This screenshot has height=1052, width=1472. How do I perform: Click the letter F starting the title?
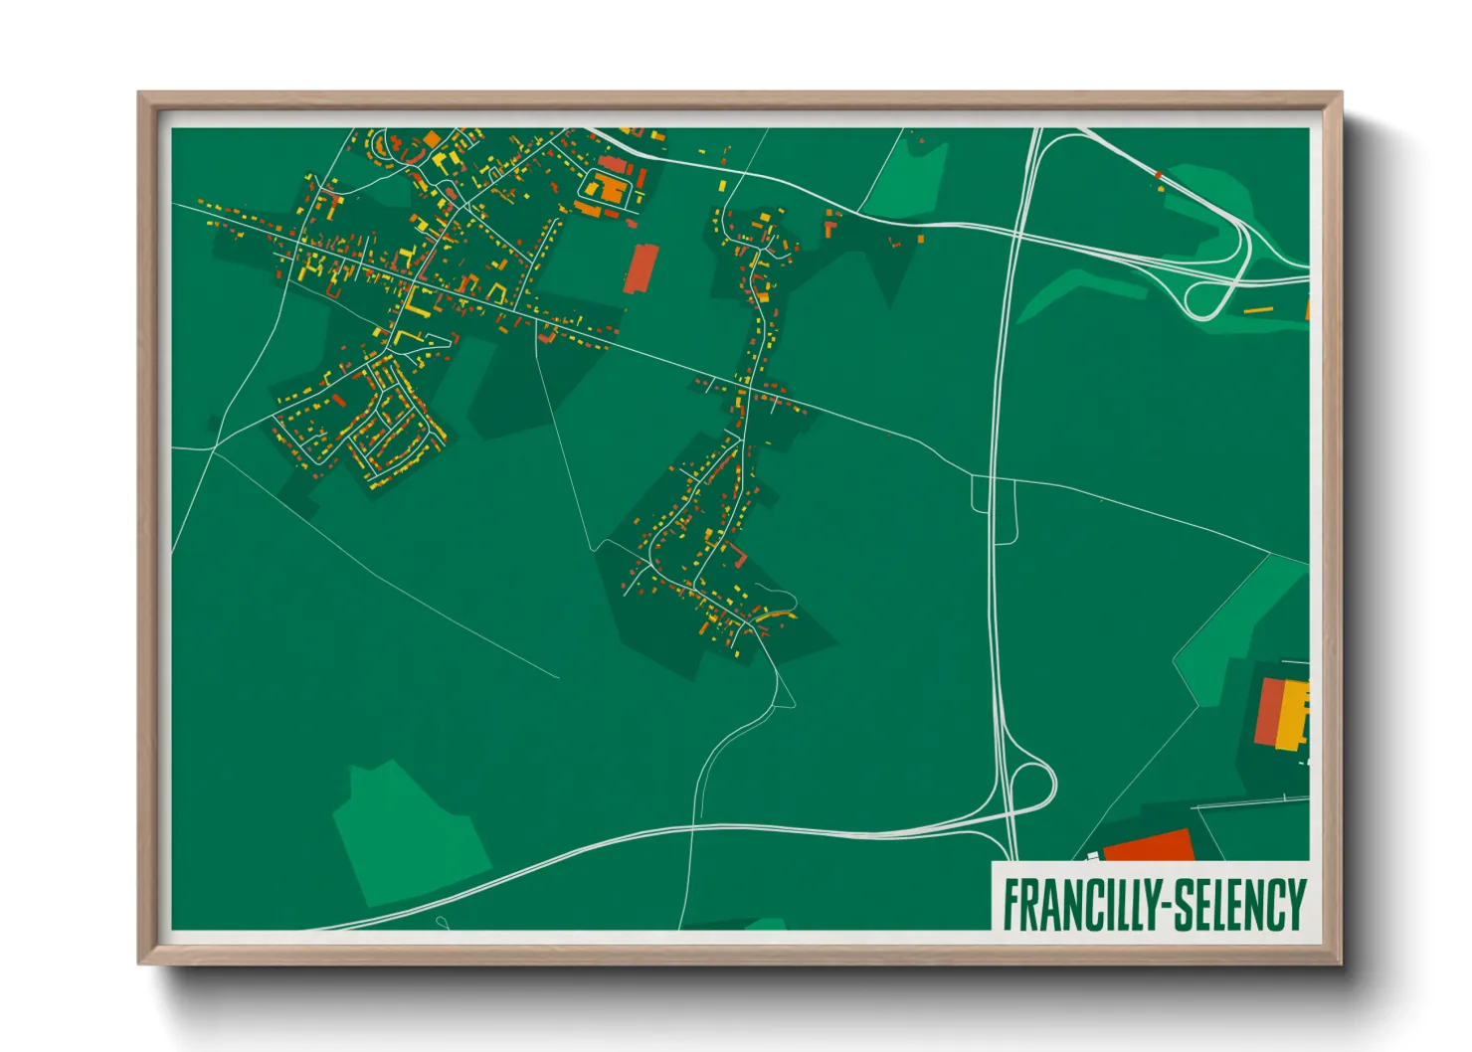coord(1012,904)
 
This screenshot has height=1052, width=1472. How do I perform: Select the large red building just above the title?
coord(1149,846)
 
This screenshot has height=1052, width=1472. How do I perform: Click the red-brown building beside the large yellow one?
coord(1268,711)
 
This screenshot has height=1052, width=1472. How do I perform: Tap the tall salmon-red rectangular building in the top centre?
coord(641,268)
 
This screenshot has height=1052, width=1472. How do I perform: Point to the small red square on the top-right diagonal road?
coord(1159,175)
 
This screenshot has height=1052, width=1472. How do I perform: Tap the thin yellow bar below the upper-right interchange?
coord(1258,310)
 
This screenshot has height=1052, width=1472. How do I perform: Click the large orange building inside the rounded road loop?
coord(607,189)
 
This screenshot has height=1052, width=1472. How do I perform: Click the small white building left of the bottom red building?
coord(1093,856)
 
